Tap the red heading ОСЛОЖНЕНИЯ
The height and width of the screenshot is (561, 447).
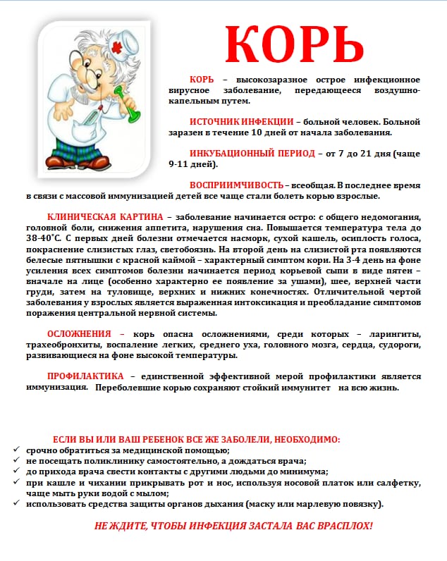pyautogui.click(x=78, y=333)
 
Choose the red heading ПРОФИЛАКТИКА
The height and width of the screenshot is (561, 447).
pyautogui.click(x=85, y=376)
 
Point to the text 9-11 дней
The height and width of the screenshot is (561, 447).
pyautogui.click(x=192, y=164)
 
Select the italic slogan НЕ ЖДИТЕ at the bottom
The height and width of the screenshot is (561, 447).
pyautogui.click(x=233, y=526)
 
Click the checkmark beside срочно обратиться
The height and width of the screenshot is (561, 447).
pyautogui.click(x=17, y=450)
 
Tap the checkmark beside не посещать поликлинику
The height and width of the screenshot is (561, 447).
pyautogui.click(x=17, y=461)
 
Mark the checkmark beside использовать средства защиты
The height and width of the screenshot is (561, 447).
pyautogui.click(x=17, y=505)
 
